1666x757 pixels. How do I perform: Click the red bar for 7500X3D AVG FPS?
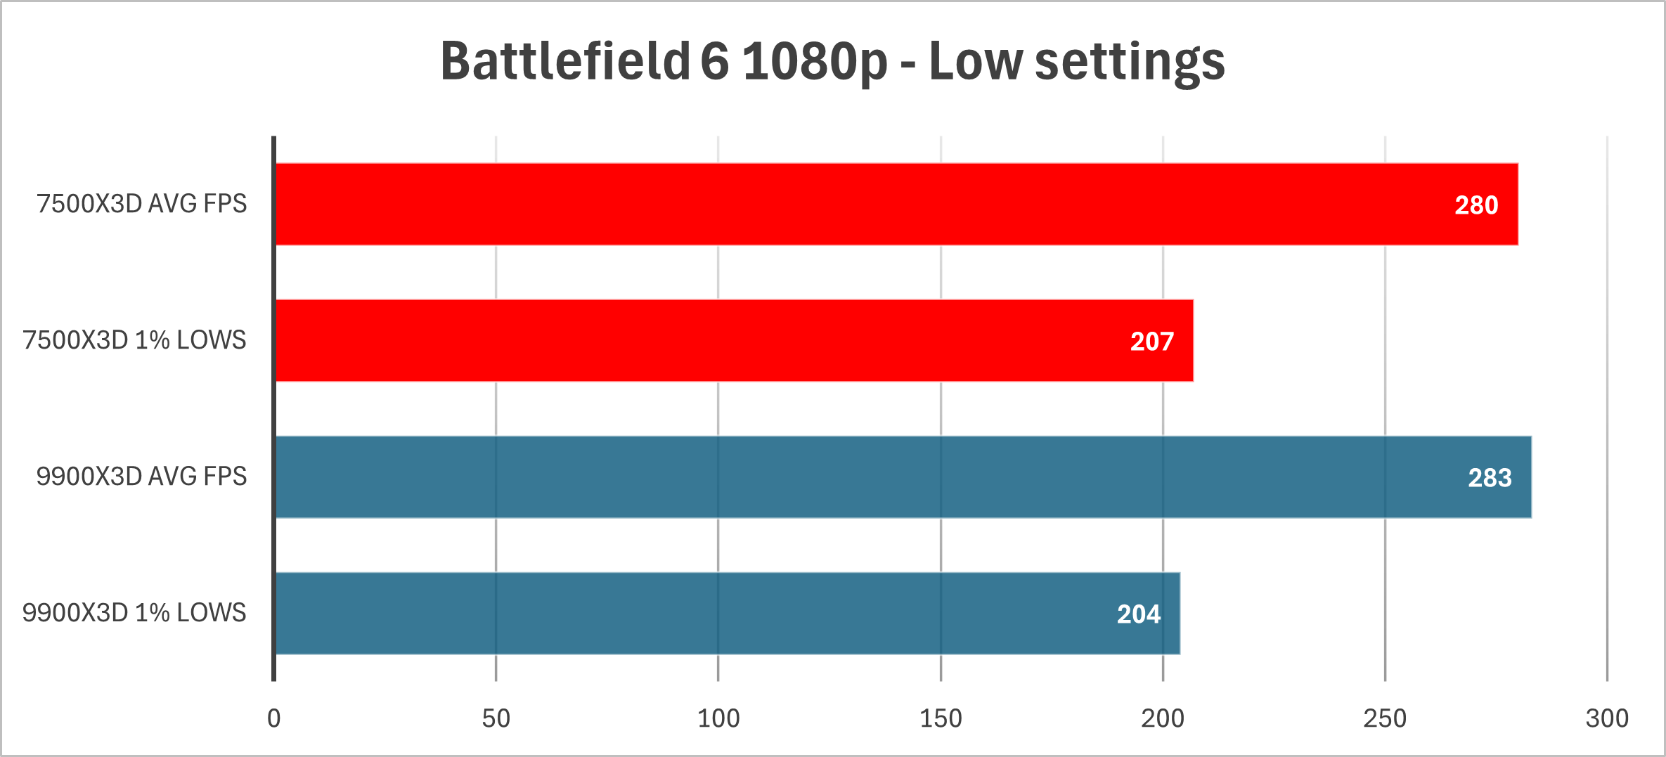coord(893,205)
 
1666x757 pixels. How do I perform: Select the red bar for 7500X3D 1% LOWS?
coord(731,341)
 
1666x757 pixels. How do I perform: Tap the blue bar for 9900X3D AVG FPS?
coord(900,477)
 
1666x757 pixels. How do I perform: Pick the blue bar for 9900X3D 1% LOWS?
coord(724,614)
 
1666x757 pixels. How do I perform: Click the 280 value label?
coord(1476,205)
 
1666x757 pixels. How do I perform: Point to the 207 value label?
coord(1151,342)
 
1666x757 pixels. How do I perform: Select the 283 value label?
coord(1490,478)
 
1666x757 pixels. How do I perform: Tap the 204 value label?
coord(1138,614)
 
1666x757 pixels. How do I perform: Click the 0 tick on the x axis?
coord(273,718)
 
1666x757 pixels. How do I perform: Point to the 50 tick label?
coord(496,718)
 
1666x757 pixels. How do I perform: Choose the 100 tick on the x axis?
coord(718,718)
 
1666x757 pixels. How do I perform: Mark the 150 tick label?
coord(941,718)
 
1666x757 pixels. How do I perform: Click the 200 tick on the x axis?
coord(1163,718)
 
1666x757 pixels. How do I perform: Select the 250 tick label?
coord(1385,718)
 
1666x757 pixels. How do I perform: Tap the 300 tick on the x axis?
coord(1607,718)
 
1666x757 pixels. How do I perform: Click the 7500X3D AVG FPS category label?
coord(141,204)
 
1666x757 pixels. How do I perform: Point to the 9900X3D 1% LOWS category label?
coord(134,613)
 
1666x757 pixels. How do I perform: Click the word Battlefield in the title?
coord(565,61)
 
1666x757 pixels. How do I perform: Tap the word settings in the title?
coord(1130,61)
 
